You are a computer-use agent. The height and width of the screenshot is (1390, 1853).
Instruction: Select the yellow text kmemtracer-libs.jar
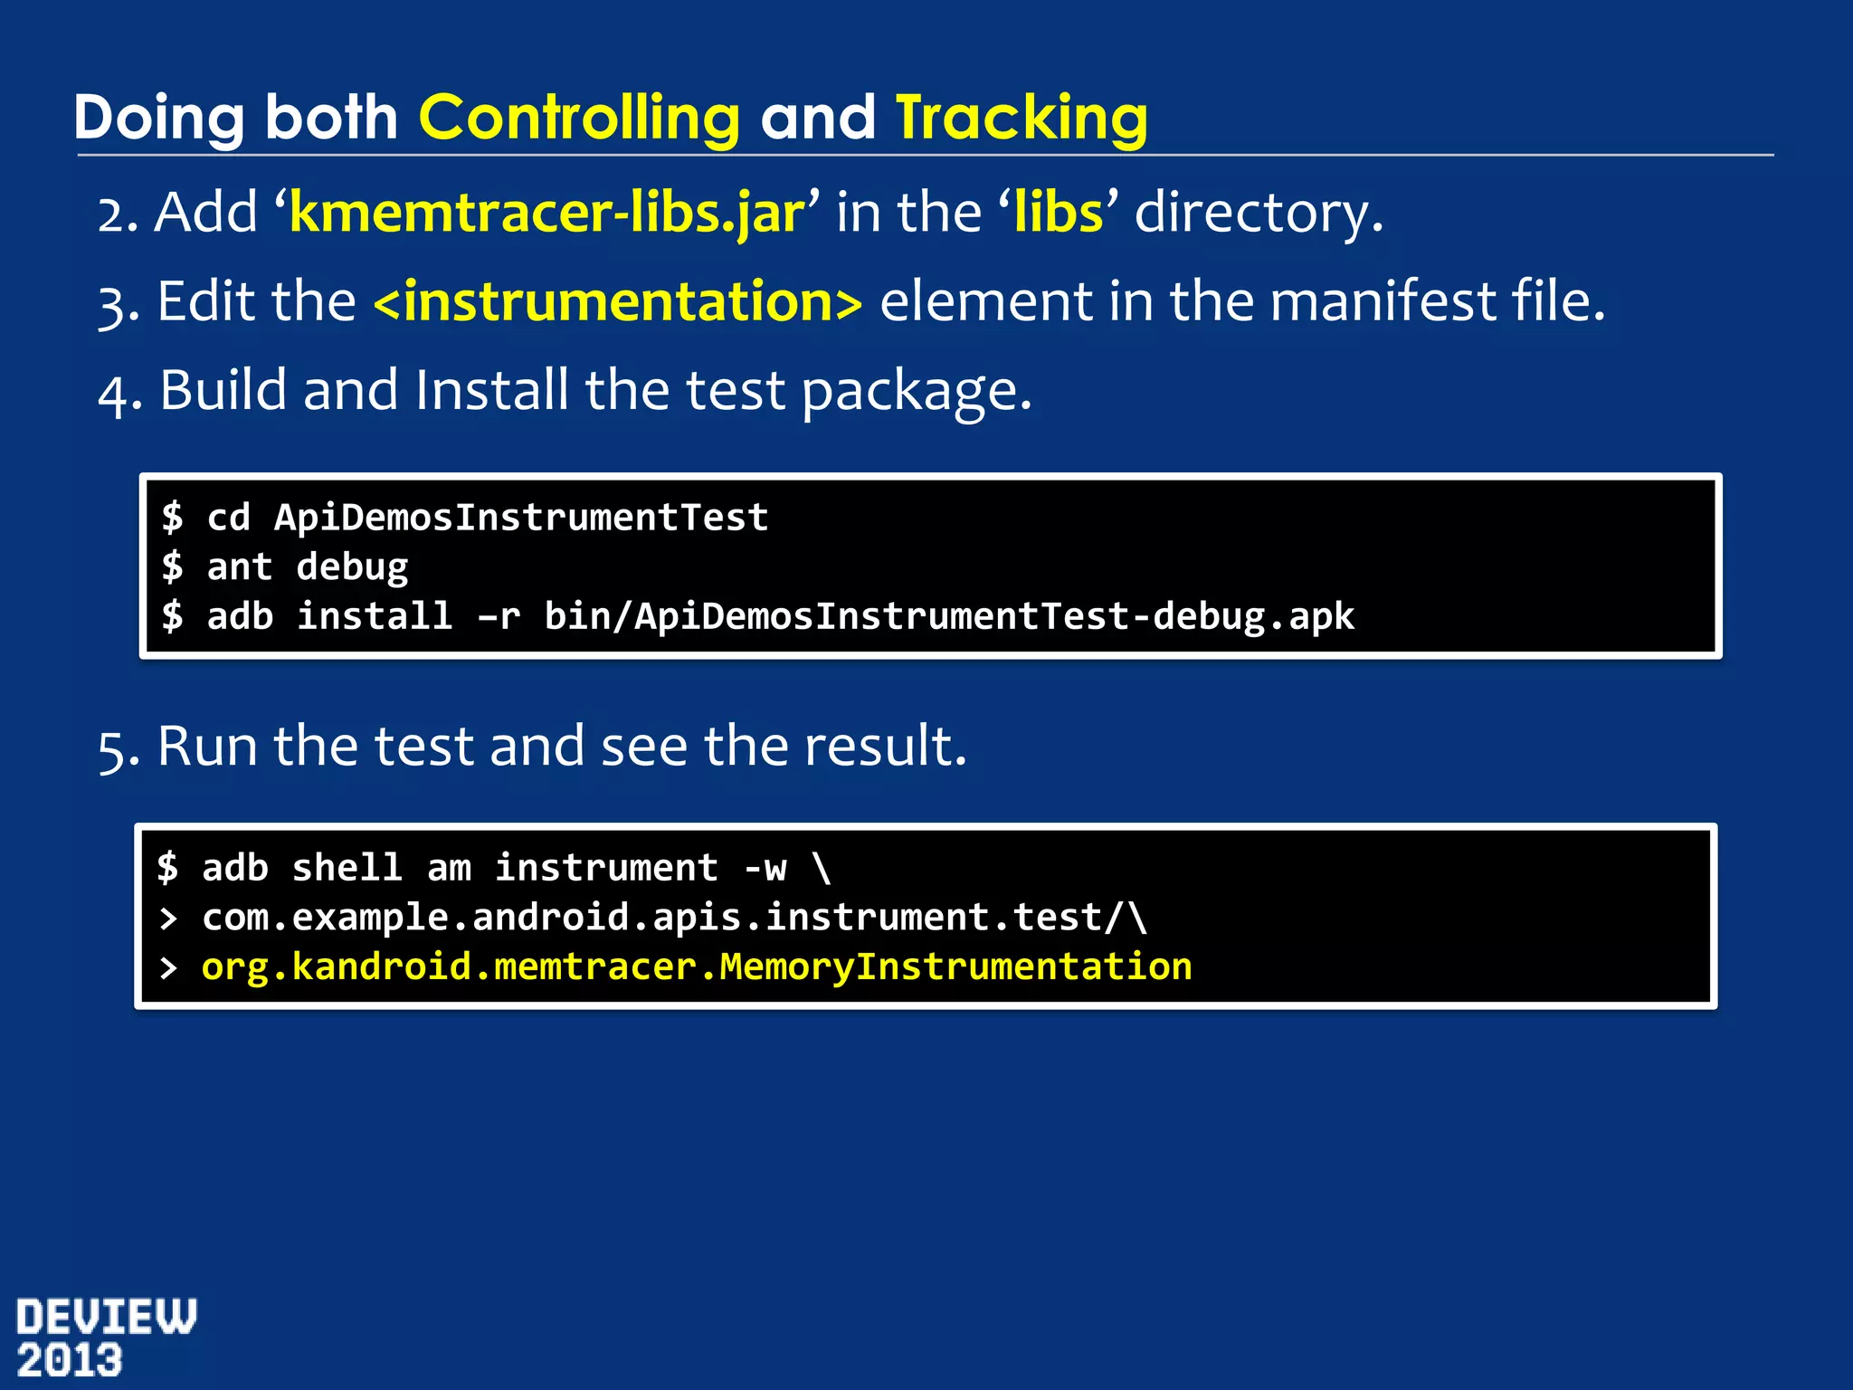click(546, 213)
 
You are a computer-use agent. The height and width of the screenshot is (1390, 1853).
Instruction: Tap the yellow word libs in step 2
click(1059, 213)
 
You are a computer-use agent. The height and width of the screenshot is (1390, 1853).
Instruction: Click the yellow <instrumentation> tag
click(618, 301)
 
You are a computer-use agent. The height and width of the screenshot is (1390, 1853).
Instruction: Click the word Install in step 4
click(491, 390)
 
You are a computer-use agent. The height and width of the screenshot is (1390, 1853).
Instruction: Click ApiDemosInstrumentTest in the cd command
click(521, 518)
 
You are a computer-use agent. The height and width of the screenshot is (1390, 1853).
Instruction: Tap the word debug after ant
click(352, 567)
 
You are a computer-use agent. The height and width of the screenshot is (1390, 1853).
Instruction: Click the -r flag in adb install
click(499, 616)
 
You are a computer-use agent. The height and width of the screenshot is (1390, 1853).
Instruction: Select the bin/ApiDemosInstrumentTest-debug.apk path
click(948, 616)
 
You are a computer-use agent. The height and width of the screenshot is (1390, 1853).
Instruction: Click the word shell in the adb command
click(347, 868)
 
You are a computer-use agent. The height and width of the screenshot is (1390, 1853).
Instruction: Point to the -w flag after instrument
click(765, 868)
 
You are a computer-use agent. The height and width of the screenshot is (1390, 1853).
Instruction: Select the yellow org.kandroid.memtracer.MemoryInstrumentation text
click(696, 967)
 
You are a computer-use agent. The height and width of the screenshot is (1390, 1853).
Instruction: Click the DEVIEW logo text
click(106, 1317)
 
